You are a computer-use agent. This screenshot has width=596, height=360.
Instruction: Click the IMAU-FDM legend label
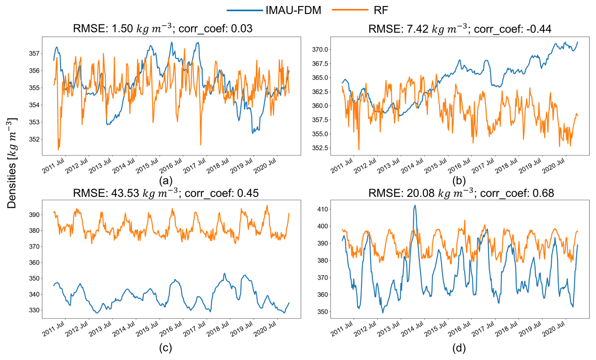coord(293,10)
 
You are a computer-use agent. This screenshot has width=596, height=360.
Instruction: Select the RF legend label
coord(381,10)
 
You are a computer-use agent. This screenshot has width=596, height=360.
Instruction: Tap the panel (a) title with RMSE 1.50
coord(163,29)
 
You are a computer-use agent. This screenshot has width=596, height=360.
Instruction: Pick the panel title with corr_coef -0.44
coord(460,29)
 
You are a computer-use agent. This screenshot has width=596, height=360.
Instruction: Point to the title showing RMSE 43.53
coord(166,193)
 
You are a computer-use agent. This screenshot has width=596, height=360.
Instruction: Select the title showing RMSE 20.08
coord(461,193)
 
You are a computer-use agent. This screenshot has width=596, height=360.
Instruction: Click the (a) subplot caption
coord(166,181)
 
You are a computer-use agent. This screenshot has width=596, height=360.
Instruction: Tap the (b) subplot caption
coord(459,181)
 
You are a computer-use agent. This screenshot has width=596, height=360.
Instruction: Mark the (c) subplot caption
coord(166,348)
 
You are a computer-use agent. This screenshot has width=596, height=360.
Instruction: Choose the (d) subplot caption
coord(459,348)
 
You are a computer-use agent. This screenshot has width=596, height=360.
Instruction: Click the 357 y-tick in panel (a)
coord(34,54)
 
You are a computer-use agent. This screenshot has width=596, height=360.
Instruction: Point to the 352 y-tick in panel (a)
coord(34,139)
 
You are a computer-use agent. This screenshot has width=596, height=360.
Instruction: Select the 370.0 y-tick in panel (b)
coord(320,49)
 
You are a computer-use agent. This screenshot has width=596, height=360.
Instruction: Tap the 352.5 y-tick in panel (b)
coord(320,148)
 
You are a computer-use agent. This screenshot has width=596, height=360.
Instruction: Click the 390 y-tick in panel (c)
coord(34,215)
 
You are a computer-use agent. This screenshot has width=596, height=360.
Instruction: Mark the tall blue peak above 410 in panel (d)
coord(415,206)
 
